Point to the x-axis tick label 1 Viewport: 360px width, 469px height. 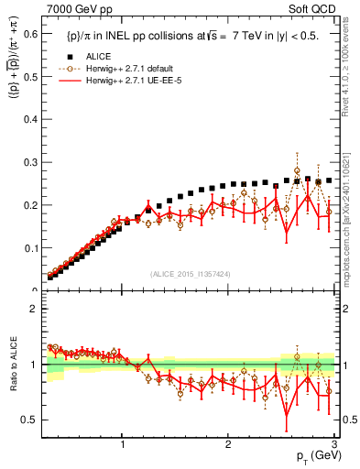[124, 446]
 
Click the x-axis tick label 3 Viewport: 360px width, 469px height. [333, 446]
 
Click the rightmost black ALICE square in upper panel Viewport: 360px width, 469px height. [329, 180]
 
